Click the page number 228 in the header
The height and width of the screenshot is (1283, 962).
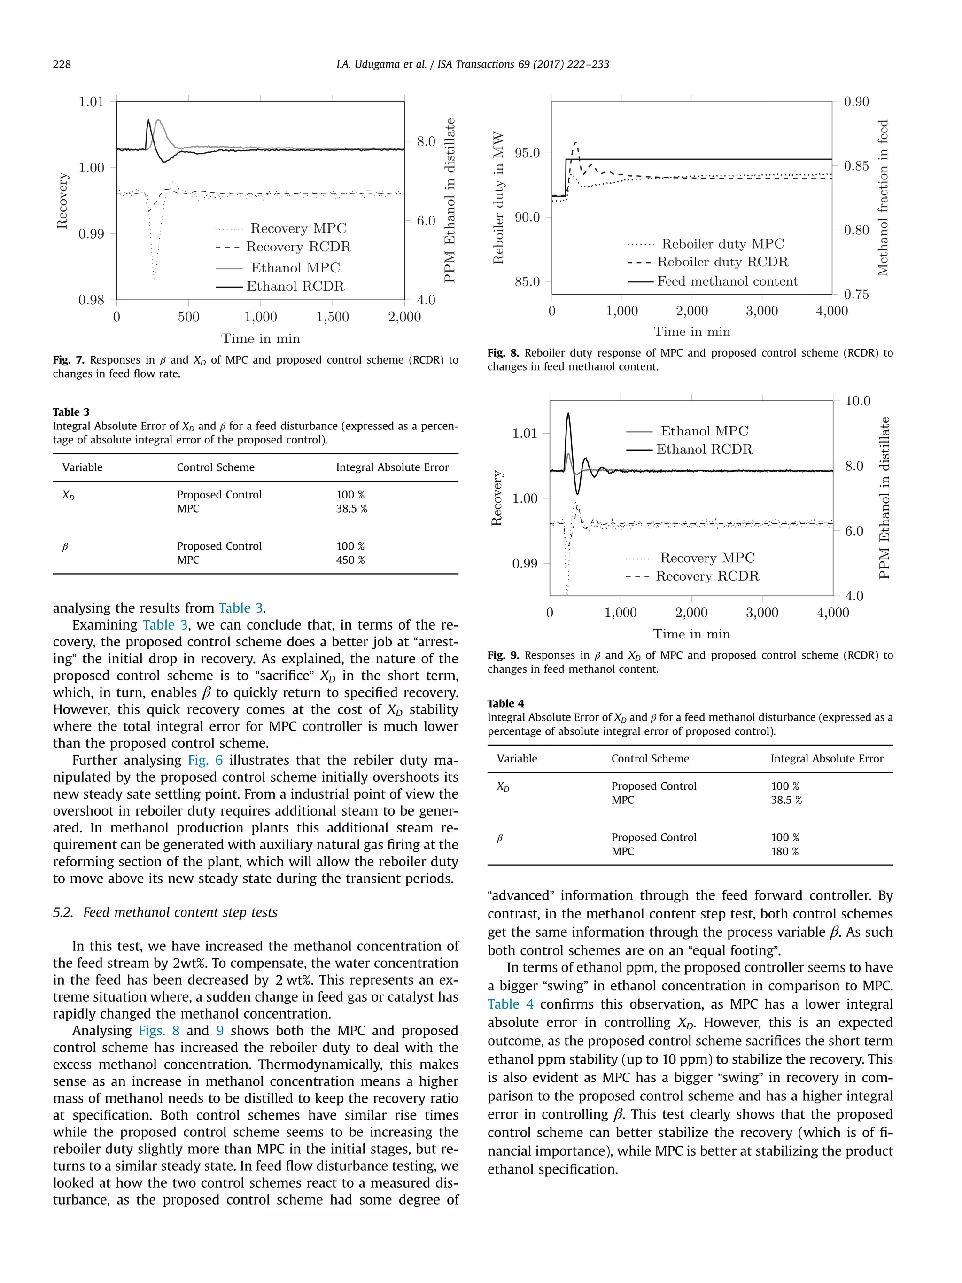pyautogui.click(x=62, y=64)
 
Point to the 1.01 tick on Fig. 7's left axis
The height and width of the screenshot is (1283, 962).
pyautogui.click(x=91, y=102)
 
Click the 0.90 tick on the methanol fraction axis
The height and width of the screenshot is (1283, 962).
pyautogui.click(x=856, y=102)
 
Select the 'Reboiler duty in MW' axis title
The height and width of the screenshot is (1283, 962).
pyautogui.click(x=498, y=198)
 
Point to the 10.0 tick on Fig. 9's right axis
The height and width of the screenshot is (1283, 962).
pyautogui.click(x=858, y=401)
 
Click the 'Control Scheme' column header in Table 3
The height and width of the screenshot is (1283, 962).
pyautogui.click(x=215, y=467)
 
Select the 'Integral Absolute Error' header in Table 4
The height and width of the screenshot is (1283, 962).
pyautogui.click(x=826, y=759)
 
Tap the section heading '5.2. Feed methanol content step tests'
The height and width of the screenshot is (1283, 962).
pyautogui.click(x=165, y=912)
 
